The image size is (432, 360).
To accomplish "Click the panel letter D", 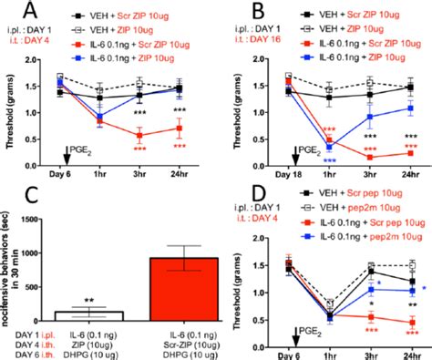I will click(233, 197).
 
